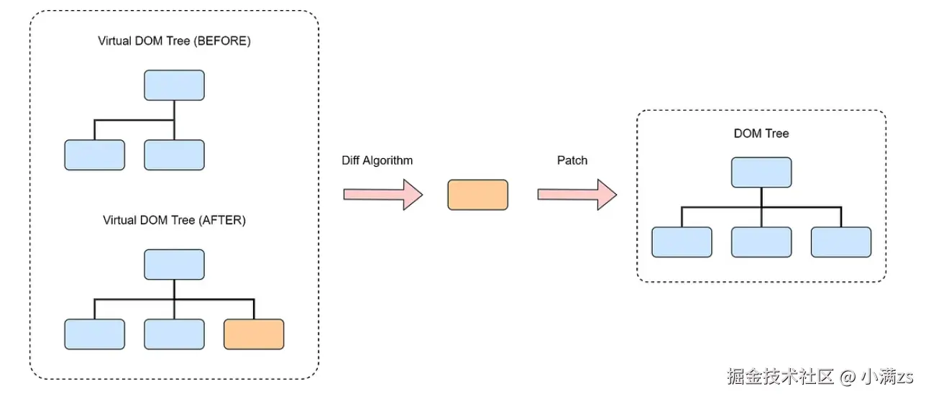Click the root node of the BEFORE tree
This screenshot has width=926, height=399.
174,85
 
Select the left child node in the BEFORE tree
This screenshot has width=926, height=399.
95,155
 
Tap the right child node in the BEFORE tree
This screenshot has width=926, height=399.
174,155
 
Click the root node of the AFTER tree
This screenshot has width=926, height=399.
174,265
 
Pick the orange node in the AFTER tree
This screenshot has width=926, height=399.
254,334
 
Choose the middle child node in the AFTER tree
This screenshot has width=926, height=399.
174,334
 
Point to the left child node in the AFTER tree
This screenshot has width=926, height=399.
95,334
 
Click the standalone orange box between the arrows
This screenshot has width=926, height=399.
478,195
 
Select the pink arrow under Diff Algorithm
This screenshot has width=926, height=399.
383,194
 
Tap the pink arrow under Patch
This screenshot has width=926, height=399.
577,194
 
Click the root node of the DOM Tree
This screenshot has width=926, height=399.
761,173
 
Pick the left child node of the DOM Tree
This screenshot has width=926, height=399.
682,242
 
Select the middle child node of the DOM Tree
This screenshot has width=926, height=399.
761,242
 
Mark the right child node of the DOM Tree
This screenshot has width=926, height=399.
841,242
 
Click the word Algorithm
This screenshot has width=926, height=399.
388,160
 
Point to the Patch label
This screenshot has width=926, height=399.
572,160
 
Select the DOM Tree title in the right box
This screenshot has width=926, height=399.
761,133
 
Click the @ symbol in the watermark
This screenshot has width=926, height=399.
848,377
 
